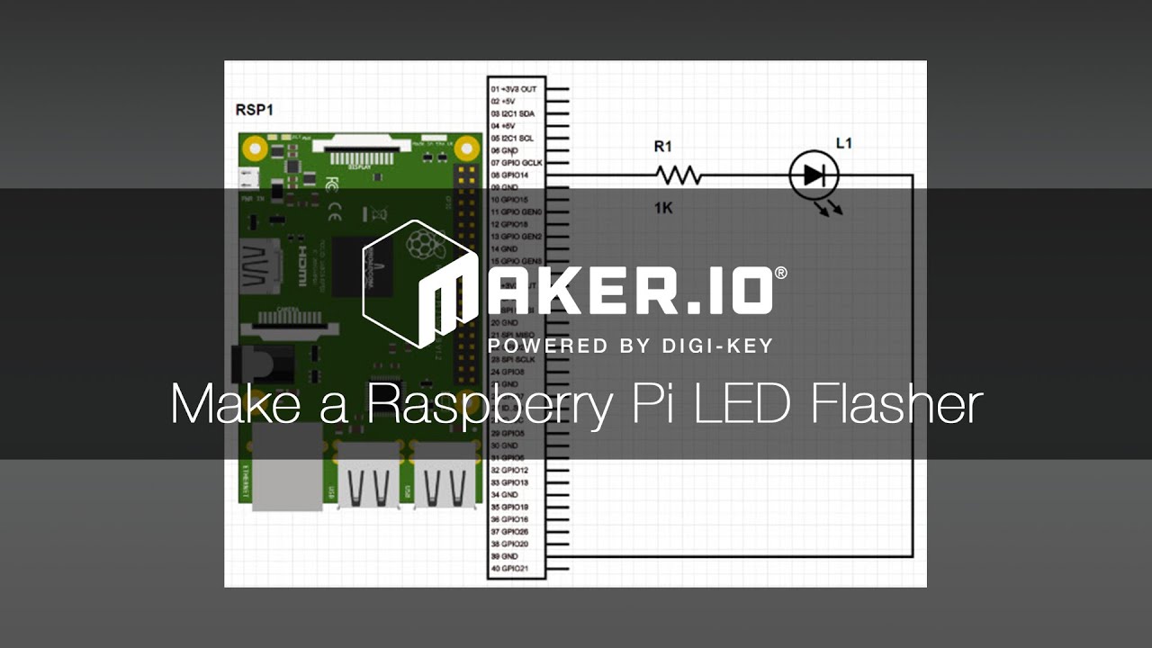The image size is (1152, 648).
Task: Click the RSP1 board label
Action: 254,110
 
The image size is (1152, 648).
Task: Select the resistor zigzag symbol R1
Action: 677,175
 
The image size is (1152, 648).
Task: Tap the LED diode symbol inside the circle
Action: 814,175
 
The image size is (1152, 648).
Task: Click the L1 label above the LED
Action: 843,143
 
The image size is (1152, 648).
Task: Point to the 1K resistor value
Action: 663,209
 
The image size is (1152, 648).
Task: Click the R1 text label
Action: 662,146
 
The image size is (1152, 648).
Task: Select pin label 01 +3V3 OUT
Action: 514,90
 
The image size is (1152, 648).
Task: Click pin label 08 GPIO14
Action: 509,175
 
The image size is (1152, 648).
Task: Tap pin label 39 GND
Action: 504,556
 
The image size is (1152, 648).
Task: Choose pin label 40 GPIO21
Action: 509,569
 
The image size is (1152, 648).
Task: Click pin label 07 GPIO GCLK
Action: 516,163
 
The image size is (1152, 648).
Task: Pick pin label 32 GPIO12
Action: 509,470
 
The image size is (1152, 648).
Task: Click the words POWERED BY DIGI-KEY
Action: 630,346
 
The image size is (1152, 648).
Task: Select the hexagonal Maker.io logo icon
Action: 418,283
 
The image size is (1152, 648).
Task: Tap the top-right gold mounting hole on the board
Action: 466,147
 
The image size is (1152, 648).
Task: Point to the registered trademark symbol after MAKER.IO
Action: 780,273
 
